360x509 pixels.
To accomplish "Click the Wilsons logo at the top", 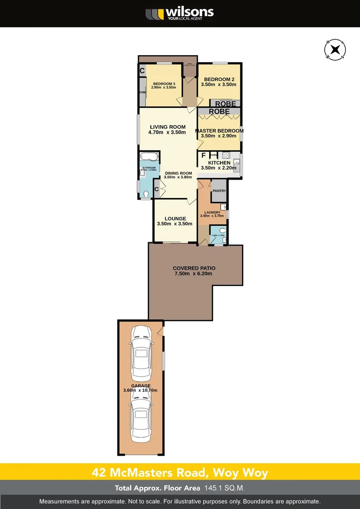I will coord(180,13).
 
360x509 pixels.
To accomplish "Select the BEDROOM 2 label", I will coord(218,80).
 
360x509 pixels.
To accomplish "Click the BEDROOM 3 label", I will coord(164,83).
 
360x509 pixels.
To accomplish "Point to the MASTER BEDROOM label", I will coord(219,131).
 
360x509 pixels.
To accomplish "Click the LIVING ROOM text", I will coord(168,127).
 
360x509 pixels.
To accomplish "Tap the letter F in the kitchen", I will coord(203,155).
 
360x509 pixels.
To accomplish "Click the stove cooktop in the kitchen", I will coord(226,155).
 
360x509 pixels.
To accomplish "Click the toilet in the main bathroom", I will coord(146,193).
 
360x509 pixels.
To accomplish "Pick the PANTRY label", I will coord(219,191).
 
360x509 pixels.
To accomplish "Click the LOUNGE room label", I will coord(175,219).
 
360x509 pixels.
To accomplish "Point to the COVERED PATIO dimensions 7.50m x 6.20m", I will coord(194,274).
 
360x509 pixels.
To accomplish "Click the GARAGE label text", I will coord(141,386).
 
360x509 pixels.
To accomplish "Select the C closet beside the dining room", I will coord(156,189).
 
